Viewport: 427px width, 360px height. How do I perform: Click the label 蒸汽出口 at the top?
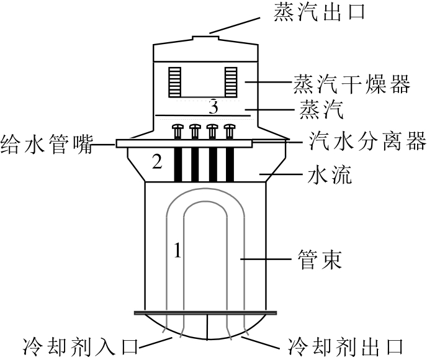318,12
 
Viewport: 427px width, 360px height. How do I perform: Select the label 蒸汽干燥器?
351,84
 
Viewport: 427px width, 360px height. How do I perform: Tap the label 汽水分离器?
367,141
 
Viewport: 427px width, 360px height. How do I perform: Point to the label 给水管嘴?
47,144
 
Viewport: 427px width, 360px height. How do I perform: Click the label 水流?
330,174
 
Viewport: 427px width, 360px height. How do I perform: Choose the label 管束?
320,259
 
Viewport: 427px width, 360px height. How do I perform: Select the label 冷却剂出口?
345,347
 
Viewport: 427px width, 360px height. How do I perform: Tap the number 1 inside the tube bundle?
178,250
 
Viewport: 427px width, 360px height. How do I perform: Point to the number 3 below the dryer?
213,107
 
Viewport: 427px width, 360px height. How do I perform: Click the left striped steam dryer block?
175,82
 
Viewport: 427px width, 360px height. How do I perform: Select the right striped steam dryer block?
231,82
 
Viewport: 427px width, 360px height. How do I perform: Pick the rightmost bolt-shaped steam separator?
230,132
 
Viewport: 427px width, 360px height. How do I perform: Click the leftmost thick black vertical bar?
178,164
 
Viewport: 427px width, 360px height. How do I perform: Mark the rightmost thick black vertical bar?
230,164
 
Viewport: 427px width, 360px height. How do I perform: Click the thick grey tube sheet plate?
205,313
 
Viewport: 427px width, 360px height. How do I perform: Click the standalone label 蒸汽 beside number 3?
321,109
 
